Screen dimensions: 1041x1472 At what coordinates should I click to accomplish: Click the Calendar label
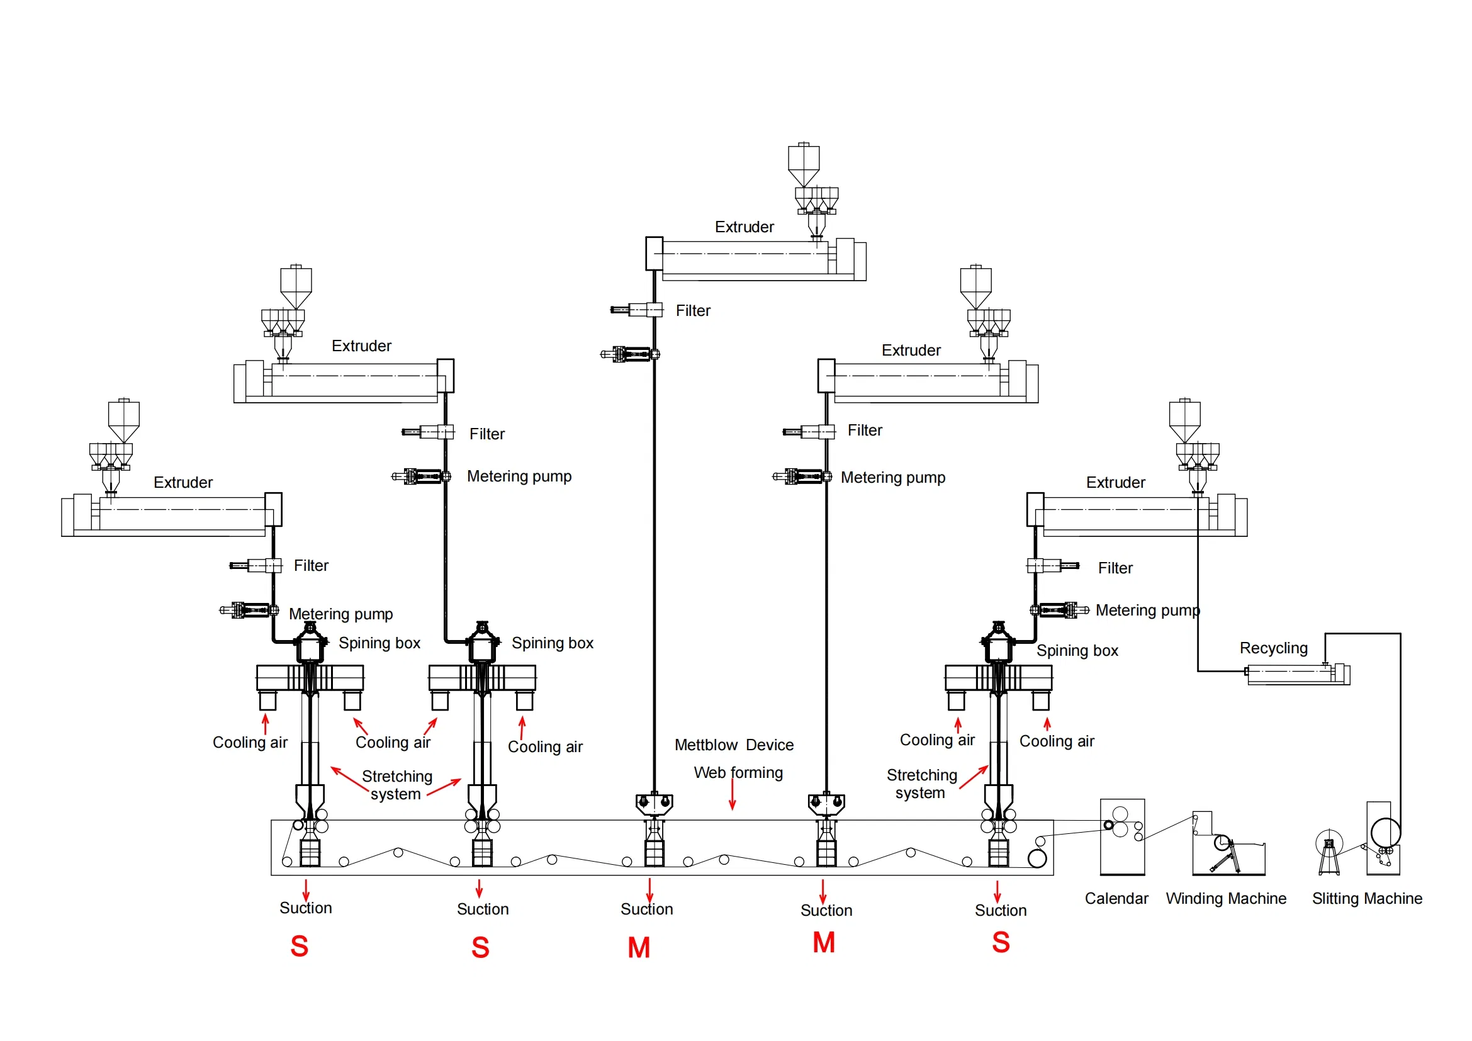1116,898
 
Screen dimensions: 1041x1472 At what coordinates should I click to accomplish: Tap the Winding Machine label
1225,898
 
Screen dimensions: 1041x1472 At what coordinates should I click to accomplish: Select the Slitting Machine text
1366,898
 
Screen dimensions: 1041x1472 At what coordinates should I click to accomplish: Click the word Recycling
1273,648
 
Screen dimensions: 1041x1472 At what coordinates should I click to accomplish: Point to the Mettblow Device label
733,745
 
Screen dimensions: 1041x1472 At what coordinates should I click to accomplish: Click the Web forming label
738,772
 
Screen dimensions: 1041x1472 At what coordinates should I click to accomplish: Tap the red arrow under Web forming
732,797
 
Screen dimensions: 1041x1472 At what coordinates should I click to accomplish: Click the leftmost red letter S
300,946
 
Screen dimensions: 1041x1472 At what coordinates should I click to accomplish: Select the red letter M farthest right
823,943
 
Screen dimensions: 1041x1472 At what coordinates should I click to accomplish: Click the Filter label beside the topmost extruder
692,311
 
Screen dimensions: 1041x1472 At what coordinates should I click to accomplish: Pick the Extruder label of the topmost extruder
744,227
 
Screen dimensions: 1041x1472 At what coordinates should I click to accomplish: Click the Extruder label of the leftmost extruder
183,482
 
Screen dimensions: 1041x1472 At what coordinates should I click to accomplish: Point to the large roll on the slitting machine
1385,833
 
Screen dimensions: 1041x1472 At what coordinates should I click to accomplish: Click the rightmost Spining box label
1077,651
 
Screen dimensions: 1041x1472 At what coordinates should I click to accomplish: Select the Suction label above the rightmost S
1000,910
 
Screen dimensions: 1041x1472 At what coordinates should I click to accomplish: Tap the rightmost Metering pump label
1147,611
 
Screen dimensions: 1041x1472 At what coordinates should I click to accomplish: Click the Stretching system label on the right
921,784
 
